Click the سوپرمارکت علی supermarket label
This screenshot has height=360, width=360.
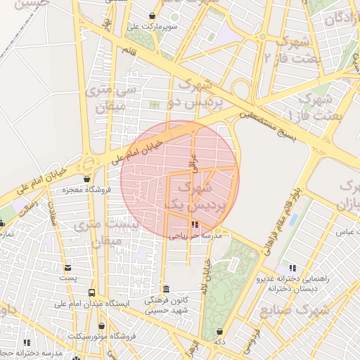coord(152,27)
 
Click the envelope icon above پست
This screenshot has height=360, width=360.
coord(67,267)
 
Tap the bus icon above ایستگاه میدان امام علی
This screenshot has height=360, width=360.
coord(91,292)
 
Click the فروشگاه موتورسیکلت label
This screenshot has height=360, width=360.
coord(103,336)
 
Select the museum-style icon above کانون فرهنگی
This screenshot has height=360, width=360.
coord(166,289)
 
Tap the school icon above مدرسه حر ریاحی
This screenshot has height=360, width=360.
coord(195,225)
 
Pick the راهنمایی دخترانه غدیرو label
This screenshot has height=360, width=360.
coord(292,278)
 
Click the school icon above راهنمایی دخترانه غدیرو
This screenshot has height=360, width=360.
coord(292,268)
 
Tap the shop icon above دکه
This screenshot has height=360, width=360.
coord(220,331)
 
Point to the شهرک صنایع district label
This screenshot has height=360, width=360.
coord(295,310)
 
